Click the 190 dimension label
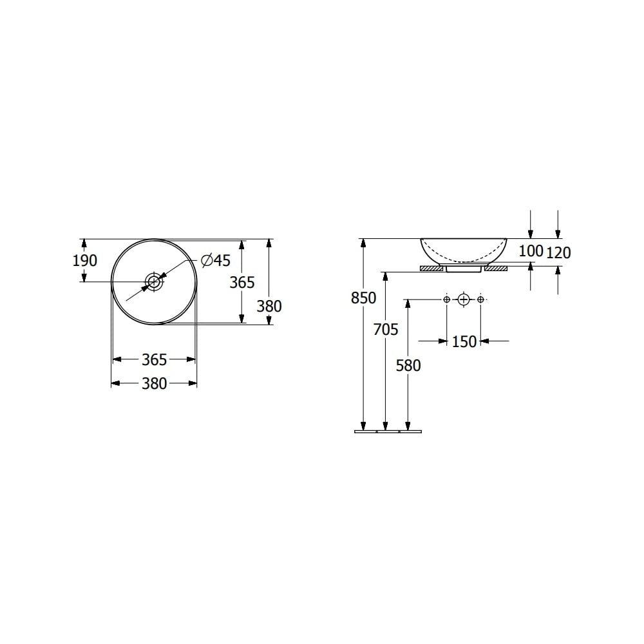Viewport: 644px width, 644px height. coord(84,260)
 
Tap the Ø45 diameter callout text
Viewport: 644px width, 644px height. coord(216,260)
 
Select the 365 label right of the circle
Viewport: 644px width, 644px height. coord(242,283)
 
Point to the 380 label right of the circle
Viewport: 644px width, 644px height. coord(269,307)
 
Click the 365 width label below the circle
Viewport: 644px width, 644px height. coord(155,360)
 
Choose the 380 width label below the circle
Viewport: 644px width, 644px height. coord(155,384)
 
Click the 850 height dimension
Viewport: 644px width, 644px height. coord(363,298)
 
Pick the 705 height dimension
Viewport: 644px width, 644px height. coord(386,329)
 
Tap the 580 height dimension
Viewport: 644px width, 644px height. coord(408,366)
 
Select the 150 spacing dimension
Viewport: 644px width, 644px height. coord(464,342)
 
